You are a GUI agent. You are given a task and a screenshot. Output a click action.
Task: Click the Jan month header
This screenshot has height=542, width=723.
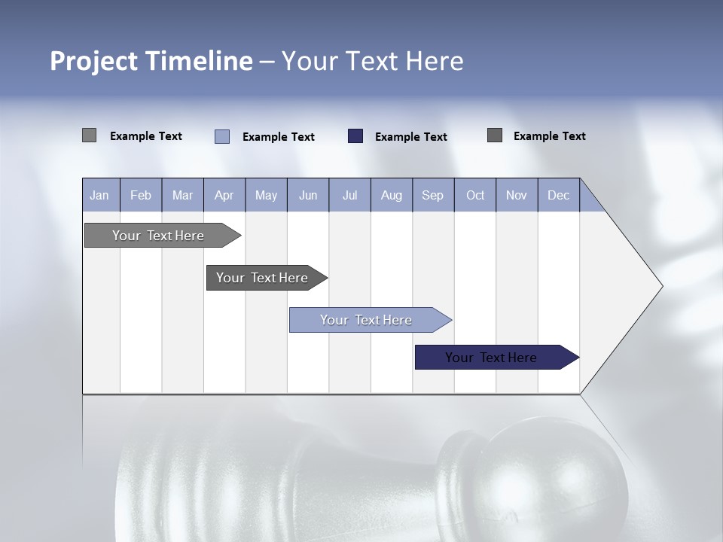[x=99, y=195]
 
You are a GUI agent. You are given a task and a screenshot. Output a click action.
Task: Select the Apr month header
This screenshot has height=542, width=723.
[x=224, y=195]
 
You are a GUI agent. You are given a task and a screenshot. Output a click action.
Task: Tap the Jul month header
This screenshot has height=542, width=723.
[x=350, y=195]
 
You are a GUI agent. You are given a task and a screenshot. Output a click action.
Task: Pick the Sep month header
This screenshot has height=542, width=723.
[x=433, y=195]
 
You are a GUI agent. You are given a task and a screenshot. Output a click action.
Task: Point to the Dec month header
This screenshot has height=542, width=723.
[x=559, y=195]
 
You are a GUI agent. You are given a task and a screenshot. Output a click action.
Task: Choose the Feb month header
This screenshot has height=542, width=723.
[x=141, y=195]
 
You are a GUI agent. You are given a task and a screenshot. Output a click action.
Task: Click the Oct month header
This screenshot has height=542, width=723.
[x=475, y=195]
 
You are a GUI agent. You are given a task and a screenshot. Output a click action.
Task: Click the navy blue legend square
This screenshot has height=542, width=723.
[x=355, y=136]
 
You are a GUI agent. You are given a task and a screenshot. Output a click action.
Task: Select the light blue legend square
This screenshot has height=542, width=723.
[x=222, y=136]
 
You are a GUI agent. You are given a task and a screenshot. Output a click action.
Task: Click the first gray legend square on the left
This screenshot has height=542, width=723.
[x=89, y=135]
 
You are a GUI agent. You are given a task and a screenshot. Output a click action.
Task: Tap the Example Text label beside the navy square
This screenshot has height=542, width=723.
[x=411, y=137]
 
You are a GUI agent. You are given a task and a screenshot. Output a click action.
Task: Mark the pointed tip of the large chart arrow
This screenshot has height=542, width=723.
[x=661, y=286]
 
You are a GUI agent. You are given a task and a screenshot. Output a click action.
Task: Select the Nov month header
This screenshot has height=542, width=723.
[x=517, y=195]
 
